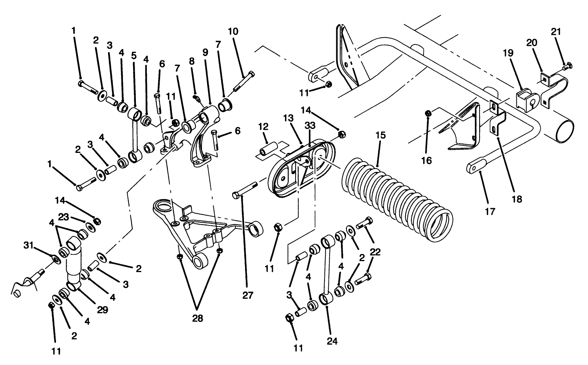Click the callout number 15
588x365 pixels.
(380, 135)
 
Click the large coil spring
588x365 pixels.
(397, 200)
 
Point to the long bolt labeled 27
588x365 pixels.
(245, 190)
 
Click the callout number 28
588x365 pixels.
(198, 319)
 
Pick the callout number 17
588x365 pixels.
(490, 212)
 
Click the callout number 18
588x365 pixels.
(517, 199)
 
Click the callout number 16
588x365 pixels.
(427, 160)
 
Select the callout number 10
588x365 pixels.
(233, 31)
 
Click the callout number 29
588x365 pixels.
(103, 310)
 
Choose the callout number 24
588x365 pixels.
(332, 341)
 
